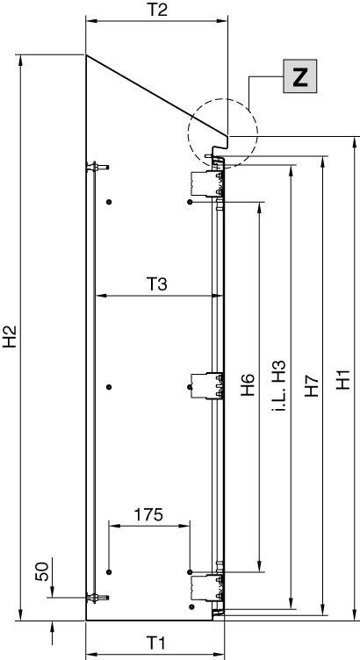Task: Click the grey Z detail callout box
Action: pyautogui.click(x=299, y=75)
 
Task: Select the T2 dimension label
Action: pyautogui.click(x=156, y=10)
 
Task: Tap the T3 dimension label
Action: pyautogui.click(x=156, y=285)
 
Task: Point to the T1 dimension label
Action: pyautogui.click(x=156, y=642)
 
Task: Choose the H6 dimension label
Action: pyautogui.click(x=248, y=384)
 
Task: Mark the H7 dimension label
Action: pyautogui.click(x=312, y=385)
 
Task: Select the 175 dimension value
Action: pyautogui.click(x=148, y=514)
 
